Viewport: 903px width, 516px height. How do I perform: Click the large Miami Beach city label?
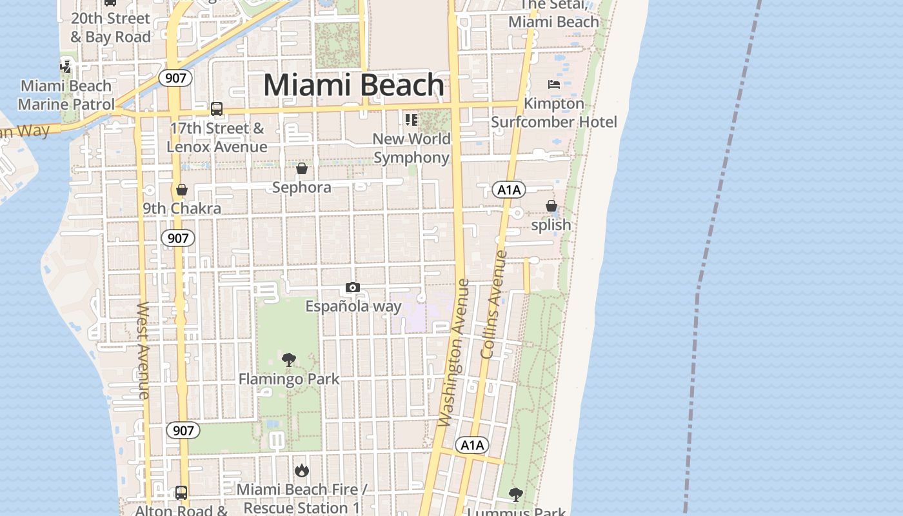354,85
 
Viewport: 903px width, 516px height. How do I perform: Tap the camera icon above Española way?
352,287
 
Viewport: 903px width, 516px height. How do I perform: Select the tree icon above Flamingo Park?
289,360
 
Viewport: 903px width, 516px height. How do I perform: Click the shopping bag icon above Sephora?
301,168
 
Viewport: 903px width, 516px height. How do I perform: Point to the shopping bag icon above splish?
551,206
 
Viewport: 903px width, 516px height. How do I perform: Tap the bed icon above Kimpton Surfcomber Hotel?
553,84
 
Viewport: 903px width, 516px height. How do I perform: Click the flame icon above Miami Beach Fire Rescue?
302,471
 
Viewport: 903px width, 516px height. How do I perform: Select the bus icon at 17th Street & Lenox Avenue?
217,109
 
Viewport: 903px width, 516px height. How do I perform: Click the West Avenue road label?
143,350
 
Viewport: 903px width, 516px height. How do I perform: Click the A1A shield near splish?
508,190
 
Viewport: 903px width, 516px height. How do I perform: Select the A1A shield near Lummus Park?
472,445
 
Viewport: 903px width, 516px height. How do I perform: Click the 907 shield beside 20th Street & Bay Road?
175,78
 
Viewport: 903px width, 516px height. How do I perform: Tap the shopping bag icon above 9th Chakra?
182,190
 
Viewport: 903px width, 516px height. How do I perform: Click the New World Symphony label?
412,148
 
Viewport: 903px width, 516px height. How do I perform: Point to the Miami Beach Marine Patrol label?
66,95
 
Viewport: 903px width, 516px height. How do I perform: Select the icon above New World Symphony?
411,120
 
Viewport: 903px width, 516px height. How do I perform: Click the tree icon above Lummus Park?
515,495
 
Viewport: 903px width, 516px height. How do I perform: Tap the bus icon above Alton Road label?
181,493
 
